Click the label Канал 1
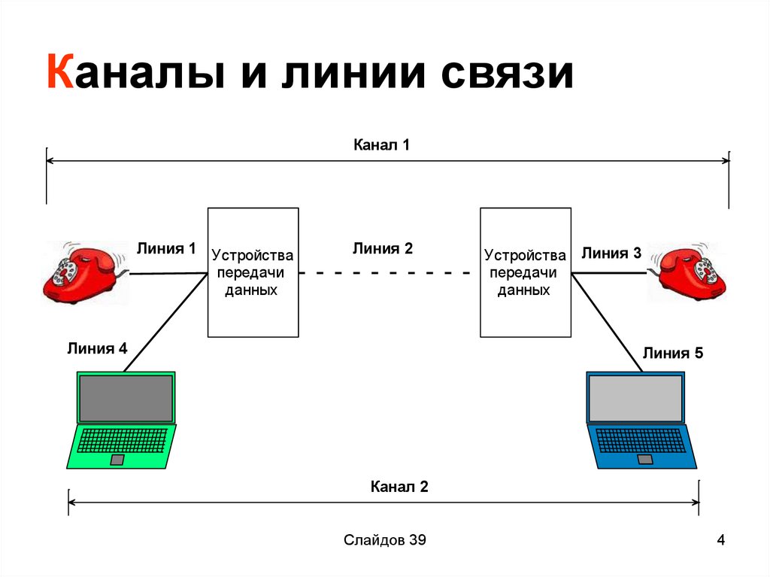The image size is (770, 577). (381, 144)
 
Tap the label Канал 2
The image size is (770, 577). (399, 487)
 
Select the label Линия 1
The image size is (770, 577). (165, 248)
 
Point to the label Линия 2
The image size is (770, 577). (383, 248)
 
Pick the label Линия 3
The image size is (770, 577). (611, 254)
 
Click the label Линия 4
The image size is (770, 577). (97, 348)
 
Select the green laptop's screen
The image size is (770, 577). (126, 398)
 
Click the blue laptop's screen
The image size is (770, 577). (635, 398)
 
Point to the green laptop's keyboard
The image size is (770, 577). (121, 440)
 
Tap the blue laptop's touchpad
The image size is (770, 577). (644, 459)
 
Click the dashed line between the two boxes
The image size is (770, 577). (389, 274)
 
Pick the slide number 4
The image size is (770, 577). (720, 539)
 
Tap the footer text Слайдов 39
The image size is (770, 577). (385, 539)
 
